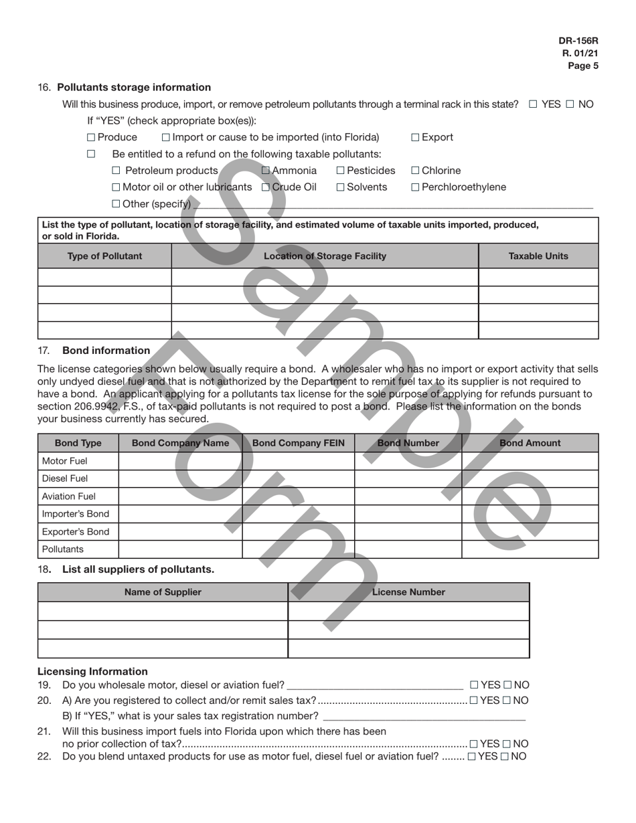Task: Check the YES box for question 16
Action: (533, 104)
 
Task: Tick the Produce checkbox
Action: (91, 137)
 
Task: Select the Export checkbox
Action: (415, 137)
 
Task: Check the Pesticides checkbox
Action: (340, 171)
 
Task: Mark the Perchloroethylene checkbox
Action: (415, 187)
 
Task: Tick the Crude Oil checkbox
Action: (265, 187)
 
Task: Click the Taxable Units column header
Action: (538, 256)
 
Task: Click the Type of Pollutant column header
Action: (104, 256)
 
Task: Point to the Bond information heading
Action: (106, 351)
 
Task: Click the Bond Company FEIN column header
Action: (298, 443)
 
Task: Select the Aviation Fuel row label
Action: (69, 496)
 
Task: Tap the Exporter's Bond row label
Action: (75, 532)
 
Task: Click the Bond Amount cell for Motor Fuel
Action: (530, 461)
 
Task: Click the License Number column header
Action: (408, 592)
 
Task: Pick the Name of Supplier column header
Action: (163, 592)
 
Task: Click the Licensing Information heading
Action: (92, 672)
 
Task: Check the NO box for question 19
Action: (507, 685)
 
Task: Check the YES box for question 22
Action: (472, 757)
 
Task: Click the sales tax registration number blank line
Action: (424, 716)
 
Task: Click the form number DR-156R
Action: (578, 41)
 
